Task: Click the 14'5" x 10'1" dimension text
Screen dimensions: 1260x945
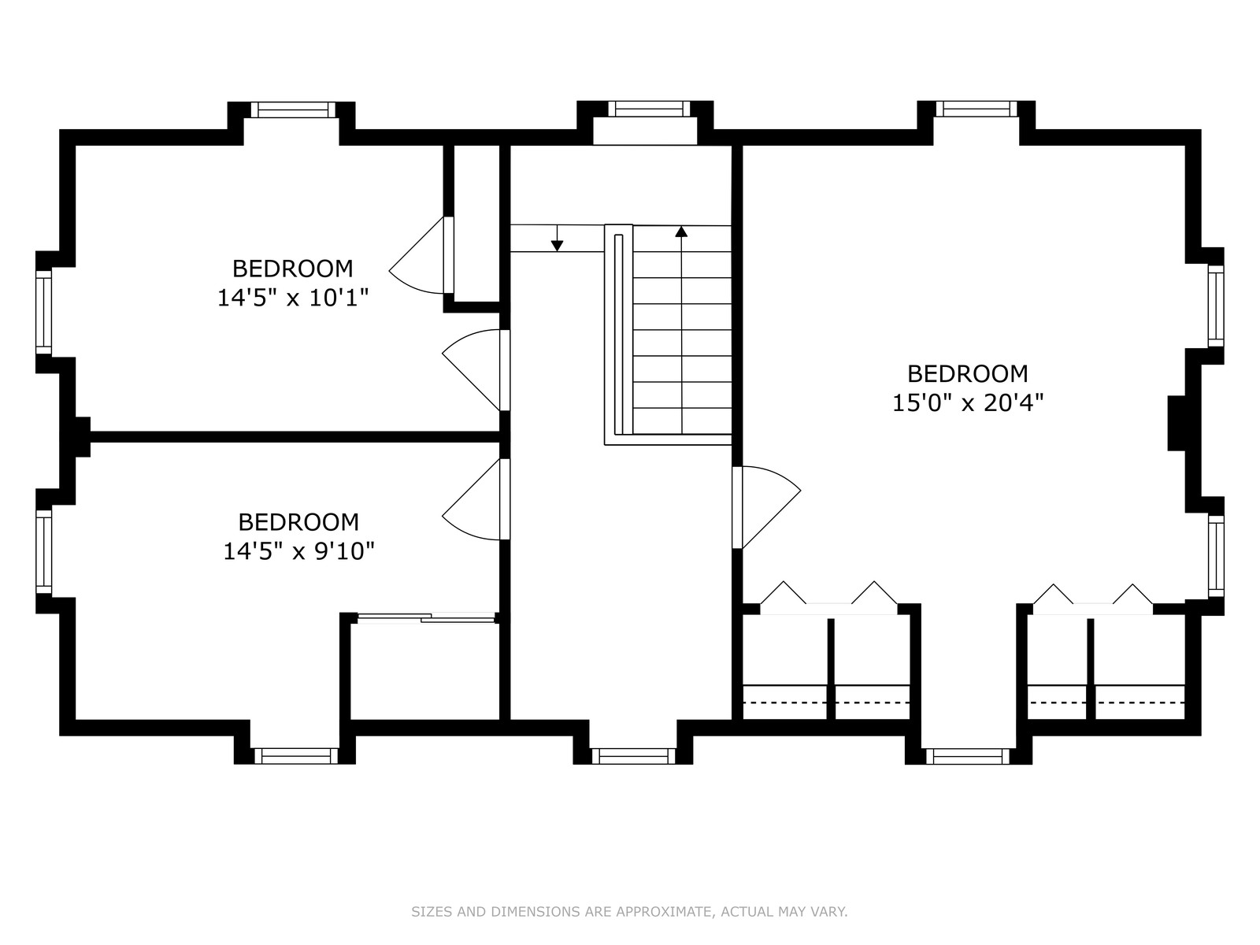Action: (293, 298)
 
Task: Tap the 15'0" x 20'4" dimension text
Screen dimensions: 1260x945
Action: (967, 402)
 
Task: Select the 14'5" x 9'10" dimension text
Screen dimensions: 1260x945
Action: (298, 551)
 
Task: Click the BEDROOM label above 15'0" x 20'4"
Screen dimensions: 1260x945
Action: (967, 373)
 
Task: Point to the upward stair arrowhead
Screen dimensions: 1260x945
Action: (681, 232)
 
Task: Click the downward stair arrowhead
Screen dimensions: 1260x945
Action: (557, 246)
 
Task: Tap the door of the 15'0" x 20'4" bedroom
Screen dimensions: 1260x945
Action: (766, 507)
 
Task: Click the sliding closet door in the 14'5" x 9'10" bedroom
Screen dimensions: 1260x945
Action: (426, 618)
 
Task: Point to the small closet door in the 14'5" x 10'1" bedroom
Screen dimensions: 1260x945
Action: (421, 254)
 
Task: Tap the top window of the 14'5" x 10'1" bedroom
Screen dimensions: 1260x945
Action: (293, 109)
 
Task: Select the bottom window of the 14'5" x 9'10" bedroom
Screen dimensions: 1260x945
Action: (296, 756)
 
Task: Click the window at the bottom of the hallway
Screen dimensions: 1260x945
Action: (633, 756)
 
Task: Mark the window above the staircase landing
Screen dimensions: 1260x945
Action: (649, 109)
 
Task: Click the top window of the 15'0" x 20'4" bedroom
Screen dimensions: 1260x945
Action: (976, 109)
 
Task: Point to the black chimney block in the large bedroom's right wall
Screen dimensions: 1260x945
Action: (1177, 424)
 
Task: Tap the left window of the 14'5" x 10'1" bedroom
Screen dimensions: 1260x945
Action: (43, 312)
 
